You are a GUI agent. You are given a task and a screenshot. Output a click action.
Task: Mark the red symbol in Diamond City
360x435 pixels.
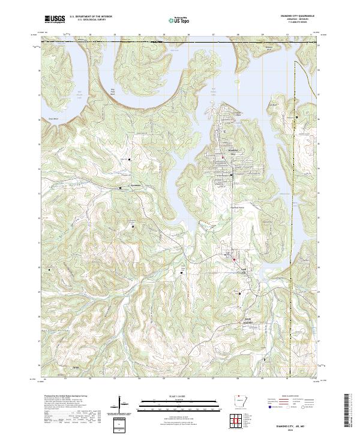224,158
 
